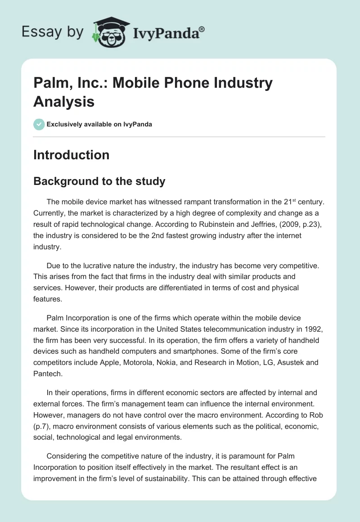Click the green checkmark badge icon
pos(39,124)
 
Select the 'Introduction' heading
pos(71,155)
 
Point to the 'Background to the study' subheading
pos(99,181)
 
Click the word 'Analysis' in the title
pos(64,101)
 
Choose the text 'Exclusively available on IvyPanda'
pos(99,124)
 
